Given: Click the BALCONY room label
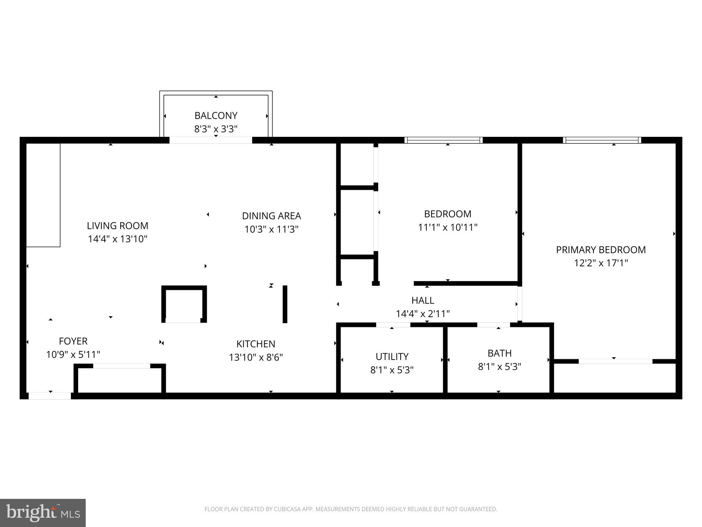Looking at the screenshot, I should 216,116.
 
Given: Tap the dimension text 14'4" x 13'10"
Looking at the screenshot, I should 118,239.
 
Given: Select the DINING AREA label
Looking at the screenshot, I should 271,216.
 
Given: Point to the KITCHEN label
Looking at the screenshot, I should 256,344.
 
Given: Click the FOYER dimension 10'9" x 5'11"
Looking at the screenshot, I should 73,354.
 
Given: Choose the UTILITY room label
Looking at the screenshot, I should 392,357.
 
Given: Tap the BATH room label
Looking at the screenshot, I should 499,353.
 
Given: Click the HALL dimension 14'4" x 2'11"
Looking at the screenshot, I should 423,314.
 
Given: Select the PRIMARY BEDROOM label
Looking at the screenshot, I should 601,250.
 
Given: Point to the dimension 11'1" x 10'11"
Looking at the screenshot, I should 448,227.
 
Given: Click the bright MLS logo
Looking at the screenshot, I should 43,513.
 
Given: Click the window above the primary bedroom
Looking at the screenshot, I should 602,140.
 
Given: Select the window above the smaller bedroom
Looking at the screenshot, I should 444,140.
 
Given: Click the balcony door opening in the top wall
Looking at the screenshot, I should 211,140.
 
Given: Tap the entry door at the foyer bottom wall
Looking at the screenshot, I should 50,396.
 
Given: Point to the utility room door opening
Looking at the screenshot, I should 393,325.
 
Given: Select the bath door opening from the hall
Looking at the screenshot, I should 494,325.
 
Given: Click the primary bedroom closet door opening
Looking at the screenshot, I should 615,361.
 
